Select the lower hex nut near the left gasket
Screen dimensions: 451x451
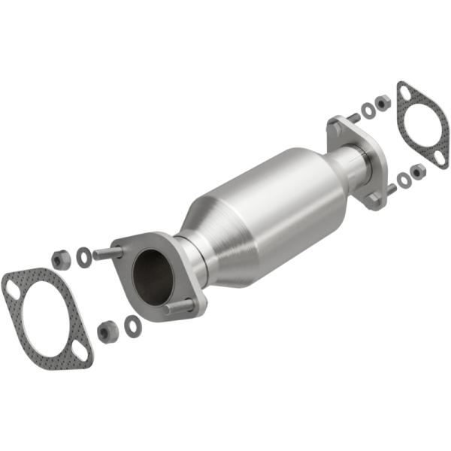point(107,331)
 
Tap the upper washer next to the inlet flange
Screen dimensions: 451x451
point(84,257)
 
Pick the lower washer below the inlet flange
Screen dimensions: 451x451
point(133,325)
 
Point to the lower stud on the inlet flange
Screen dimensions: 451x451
point(179,306)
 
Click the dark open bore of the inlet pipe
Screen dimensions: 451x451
point(153,276)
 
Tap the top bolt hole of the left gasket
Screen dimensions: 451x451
point(12,286)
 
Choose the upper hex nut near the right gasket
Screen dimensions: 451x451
point(383,101)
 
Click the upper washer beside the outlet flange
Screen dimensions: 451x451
point(368,110)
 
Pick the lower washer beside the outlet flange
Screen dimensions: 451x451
point(404,179)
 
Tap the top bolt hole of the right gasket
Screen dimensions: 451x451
point(406,92)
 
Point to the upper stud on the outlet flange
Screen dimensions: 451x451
point(352,118)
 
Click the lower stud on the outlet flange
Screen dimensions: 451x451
point(389,189)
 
